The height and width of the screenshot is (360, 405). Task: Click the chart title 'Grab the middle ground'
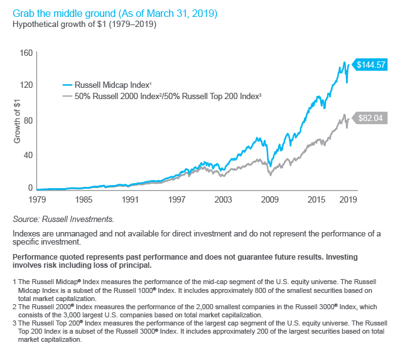point(64,13)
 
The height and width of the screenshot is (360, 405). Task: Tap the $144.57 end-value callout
point(370,65)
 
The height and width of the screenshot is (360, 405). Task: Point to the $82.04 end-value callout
point(370,118)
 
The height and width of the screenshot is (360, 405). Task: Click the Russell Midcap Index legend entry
point(107,85)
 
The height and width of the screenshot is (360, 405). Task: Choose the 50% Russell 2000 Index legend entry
point(162,96)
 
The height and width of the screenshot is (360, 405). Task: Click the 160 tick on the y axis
point(26,53)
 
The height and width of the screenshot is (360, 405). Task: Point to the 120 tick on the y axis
point(26,85)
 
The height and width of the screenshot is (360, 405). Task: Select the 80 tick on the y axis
point(28,120)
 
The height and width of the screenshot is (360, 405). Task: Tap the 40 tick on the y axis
point(28,155)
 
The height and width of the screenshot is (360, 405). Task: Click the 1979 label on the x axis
point(37,199)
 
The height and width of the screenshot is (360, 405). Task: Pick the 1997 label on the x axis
point(176,199)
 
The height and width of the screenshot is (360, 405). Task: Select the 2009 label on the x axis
point(269,199)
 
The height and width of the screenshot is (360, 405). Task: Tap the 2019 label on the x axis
point(348,199)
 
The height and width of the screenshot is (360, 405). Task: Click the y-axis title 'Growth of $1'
point(17,121)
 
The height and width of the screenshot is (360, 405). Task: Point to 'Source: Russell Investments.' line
point(63,219)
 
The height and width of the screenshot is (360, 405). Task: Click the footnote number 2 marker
point(14,307)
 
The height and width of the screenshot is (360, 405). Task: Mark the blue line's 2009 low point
point(270,166)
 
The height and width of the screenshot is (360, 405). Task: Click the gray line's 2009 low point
point(271,175)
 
